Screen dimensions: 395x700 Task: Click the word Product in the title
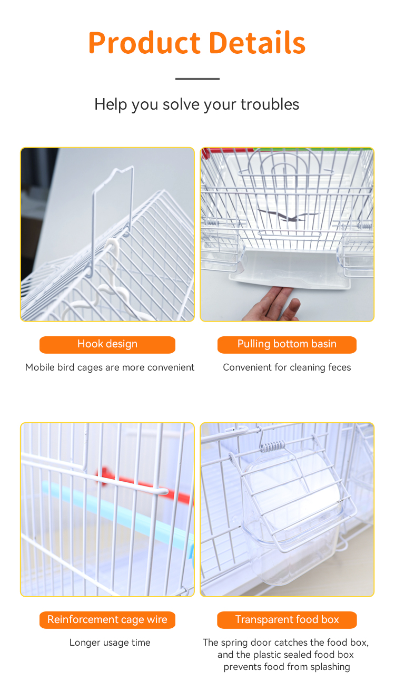pos(144,43)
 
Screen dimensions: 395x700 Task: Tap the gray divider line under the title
pos(197,79)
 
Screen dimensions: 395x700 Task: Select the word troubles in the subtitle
pos(270,104)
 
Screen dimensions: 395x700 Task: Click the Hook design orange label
pos(107,345)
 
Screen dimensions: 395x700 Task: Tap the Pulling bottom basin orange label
pos(287,345)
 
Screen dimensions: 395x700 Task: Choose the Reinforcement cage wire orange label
pos(107,620)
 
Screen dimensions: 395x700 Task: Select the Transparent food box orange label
pos(287,620)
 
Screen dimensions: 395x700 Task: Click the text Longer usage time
pos(110,643)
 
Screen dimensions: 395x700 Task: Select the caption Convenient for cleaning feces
pos(287,367)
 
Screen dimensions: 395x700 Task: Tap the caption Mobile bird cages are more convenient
pos(110,367)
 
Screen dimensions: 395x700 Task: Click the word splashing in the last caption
pos(330,667)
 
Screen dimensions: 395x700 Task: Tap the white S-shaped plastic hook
pos(108,281)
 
